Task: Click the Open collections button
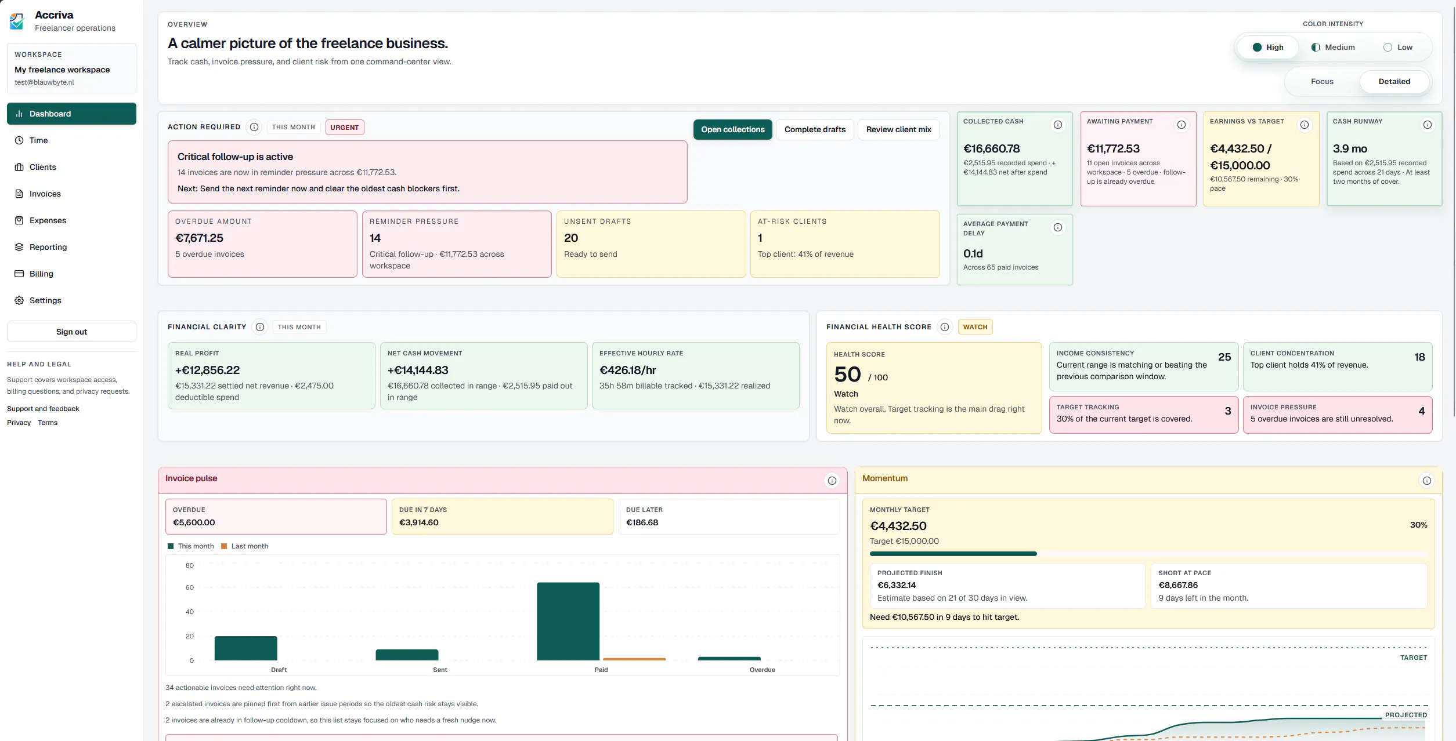coord(732,129)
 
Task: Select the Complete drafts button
coord(815,129)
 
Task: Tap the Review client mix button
coord(898,129)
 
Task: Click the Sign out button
coord(71,332)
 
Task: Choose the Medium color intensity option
coord(1333,48)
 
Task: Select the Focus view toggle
coord(1322,82)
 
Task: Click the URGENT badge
coord(345,128)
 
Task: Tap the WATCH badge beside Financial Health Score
coord(975,327)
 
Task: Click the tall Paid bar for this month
coord(568,621)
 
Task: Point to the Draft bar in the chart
coord(246,648)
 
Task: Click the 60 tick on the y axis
coord(190,588)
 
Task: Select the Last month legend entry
coord(244,546)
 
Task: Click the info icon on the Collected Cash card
coord(1058,125)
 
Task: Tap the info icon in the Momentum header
coord(1426,481)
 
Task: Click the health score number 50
coord(847,375)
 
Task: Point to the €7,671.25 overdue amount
coord(199,238)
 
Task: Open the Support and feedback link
coord(43,409)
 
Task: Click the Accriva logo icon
coord(17,21)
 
